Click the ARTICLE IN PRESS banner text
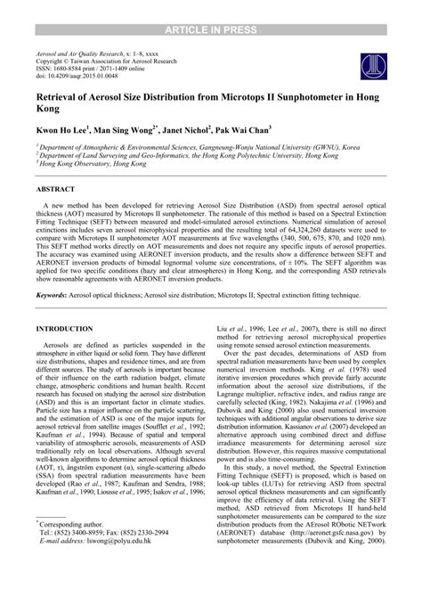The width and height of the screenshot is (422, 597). [x=211, y=8]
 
